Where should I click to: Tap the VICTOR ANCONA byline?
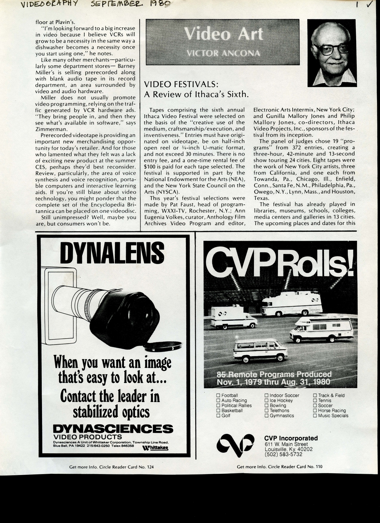point(223,53)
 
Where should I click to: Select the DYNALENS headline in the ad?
point(112,253)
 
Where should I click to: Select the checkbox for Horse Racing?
point(315,410)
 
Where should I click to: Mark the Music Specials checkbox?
point(315,415)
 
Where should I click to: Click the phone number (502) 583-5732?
point(283,454)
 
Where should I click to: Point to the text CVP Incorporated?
point(291,438)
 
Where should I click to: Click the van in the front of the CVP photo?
point(260,351)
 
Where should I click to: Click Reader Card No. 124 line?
point(111,467)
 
